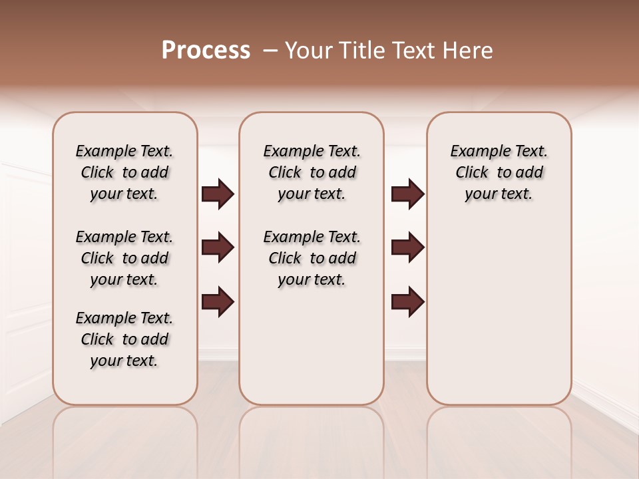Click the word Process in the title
pos(206,51)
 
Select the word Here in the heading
pos(469,51)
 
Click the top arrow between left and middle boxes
pos(218,194)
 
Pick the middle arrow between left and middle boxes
pos(218,247)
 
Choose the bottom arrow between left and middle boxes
pos(218,301)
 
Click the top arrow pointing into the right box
pos(408,194)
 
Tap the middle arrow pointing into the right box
pos(408,247)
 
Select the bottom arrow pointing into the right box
pos(408,301)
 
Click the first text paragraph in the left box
pos(124,172)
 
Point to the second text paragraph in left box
pos(124,258)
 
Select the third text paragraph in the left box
pos(124,339)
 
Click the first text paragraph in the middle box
pos(312,172)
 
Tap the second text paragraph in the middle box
pos(312,258)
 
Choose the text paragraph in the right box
pos(499,172)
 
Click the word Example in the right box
pos(477,152)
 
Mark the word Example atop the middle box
pos(290,152)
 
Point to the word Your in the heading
pos(308,51)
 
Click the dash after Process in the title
pos(270,51)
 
